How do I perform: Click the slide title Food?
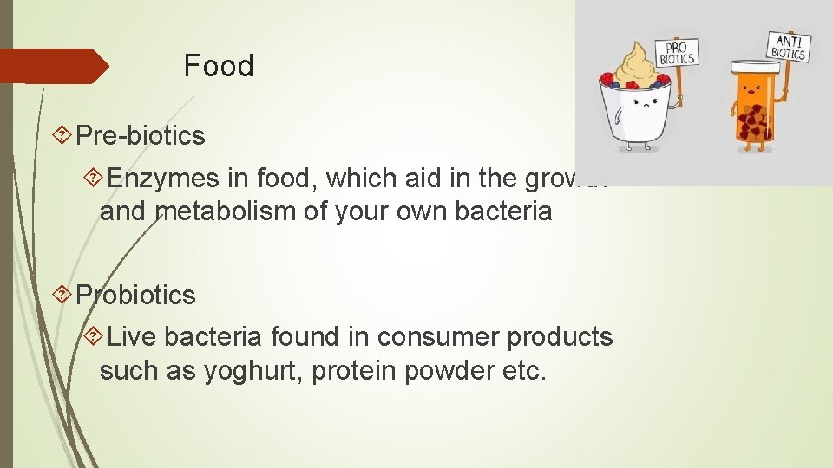[x=219, y=66]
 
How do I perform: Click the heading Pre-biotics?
[x=141, y=135]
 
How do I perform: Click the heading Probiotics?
[x=136, y=295]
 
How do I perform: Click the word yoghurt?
[x=246, y=370]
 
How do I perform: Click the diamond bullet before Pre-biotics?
[x=62, y=135]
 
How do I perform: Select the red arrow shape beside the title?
[x=54, y=66]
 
